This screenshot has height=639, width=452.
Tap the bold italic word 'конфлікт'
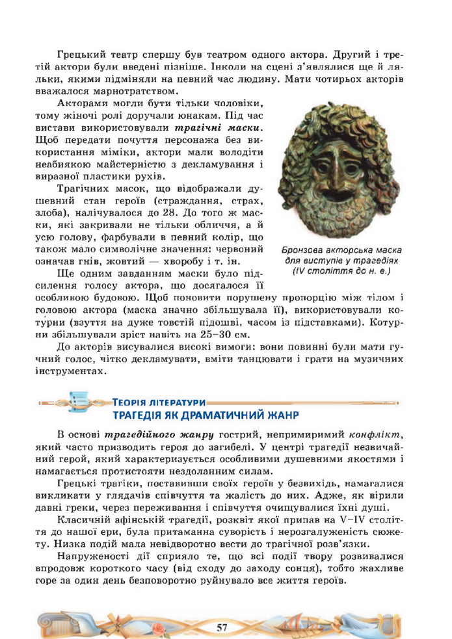pyautogui.click(x=375, y=434)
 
